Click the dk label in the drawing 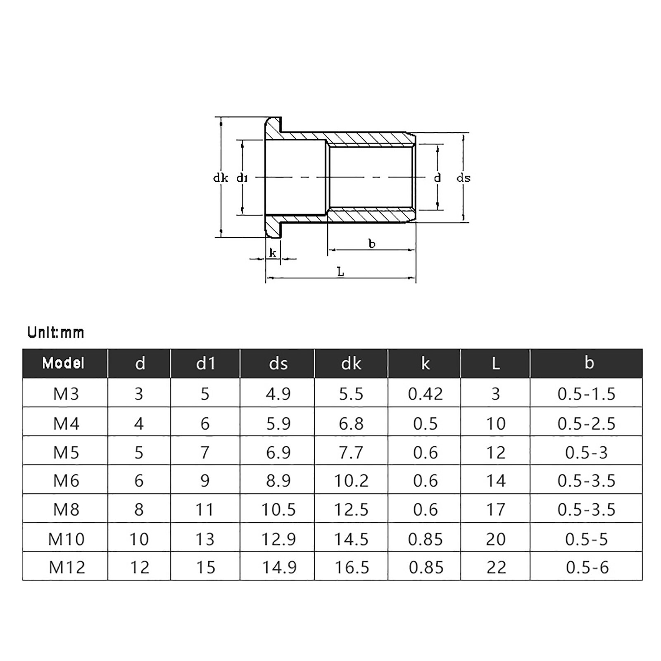click(220, 178)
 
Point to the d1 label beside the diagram click(242, 178)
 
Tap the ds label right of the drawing click(463, 178)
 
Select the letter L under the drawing click(340, 272)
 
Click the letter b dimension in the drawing click(372, 244)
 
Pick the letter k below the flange click(273, 253)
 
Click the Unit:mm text click(56, 333)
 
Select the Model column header click(63, 363)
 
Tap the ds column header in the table click(278, 364)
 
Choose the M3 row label click(66, 394)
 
